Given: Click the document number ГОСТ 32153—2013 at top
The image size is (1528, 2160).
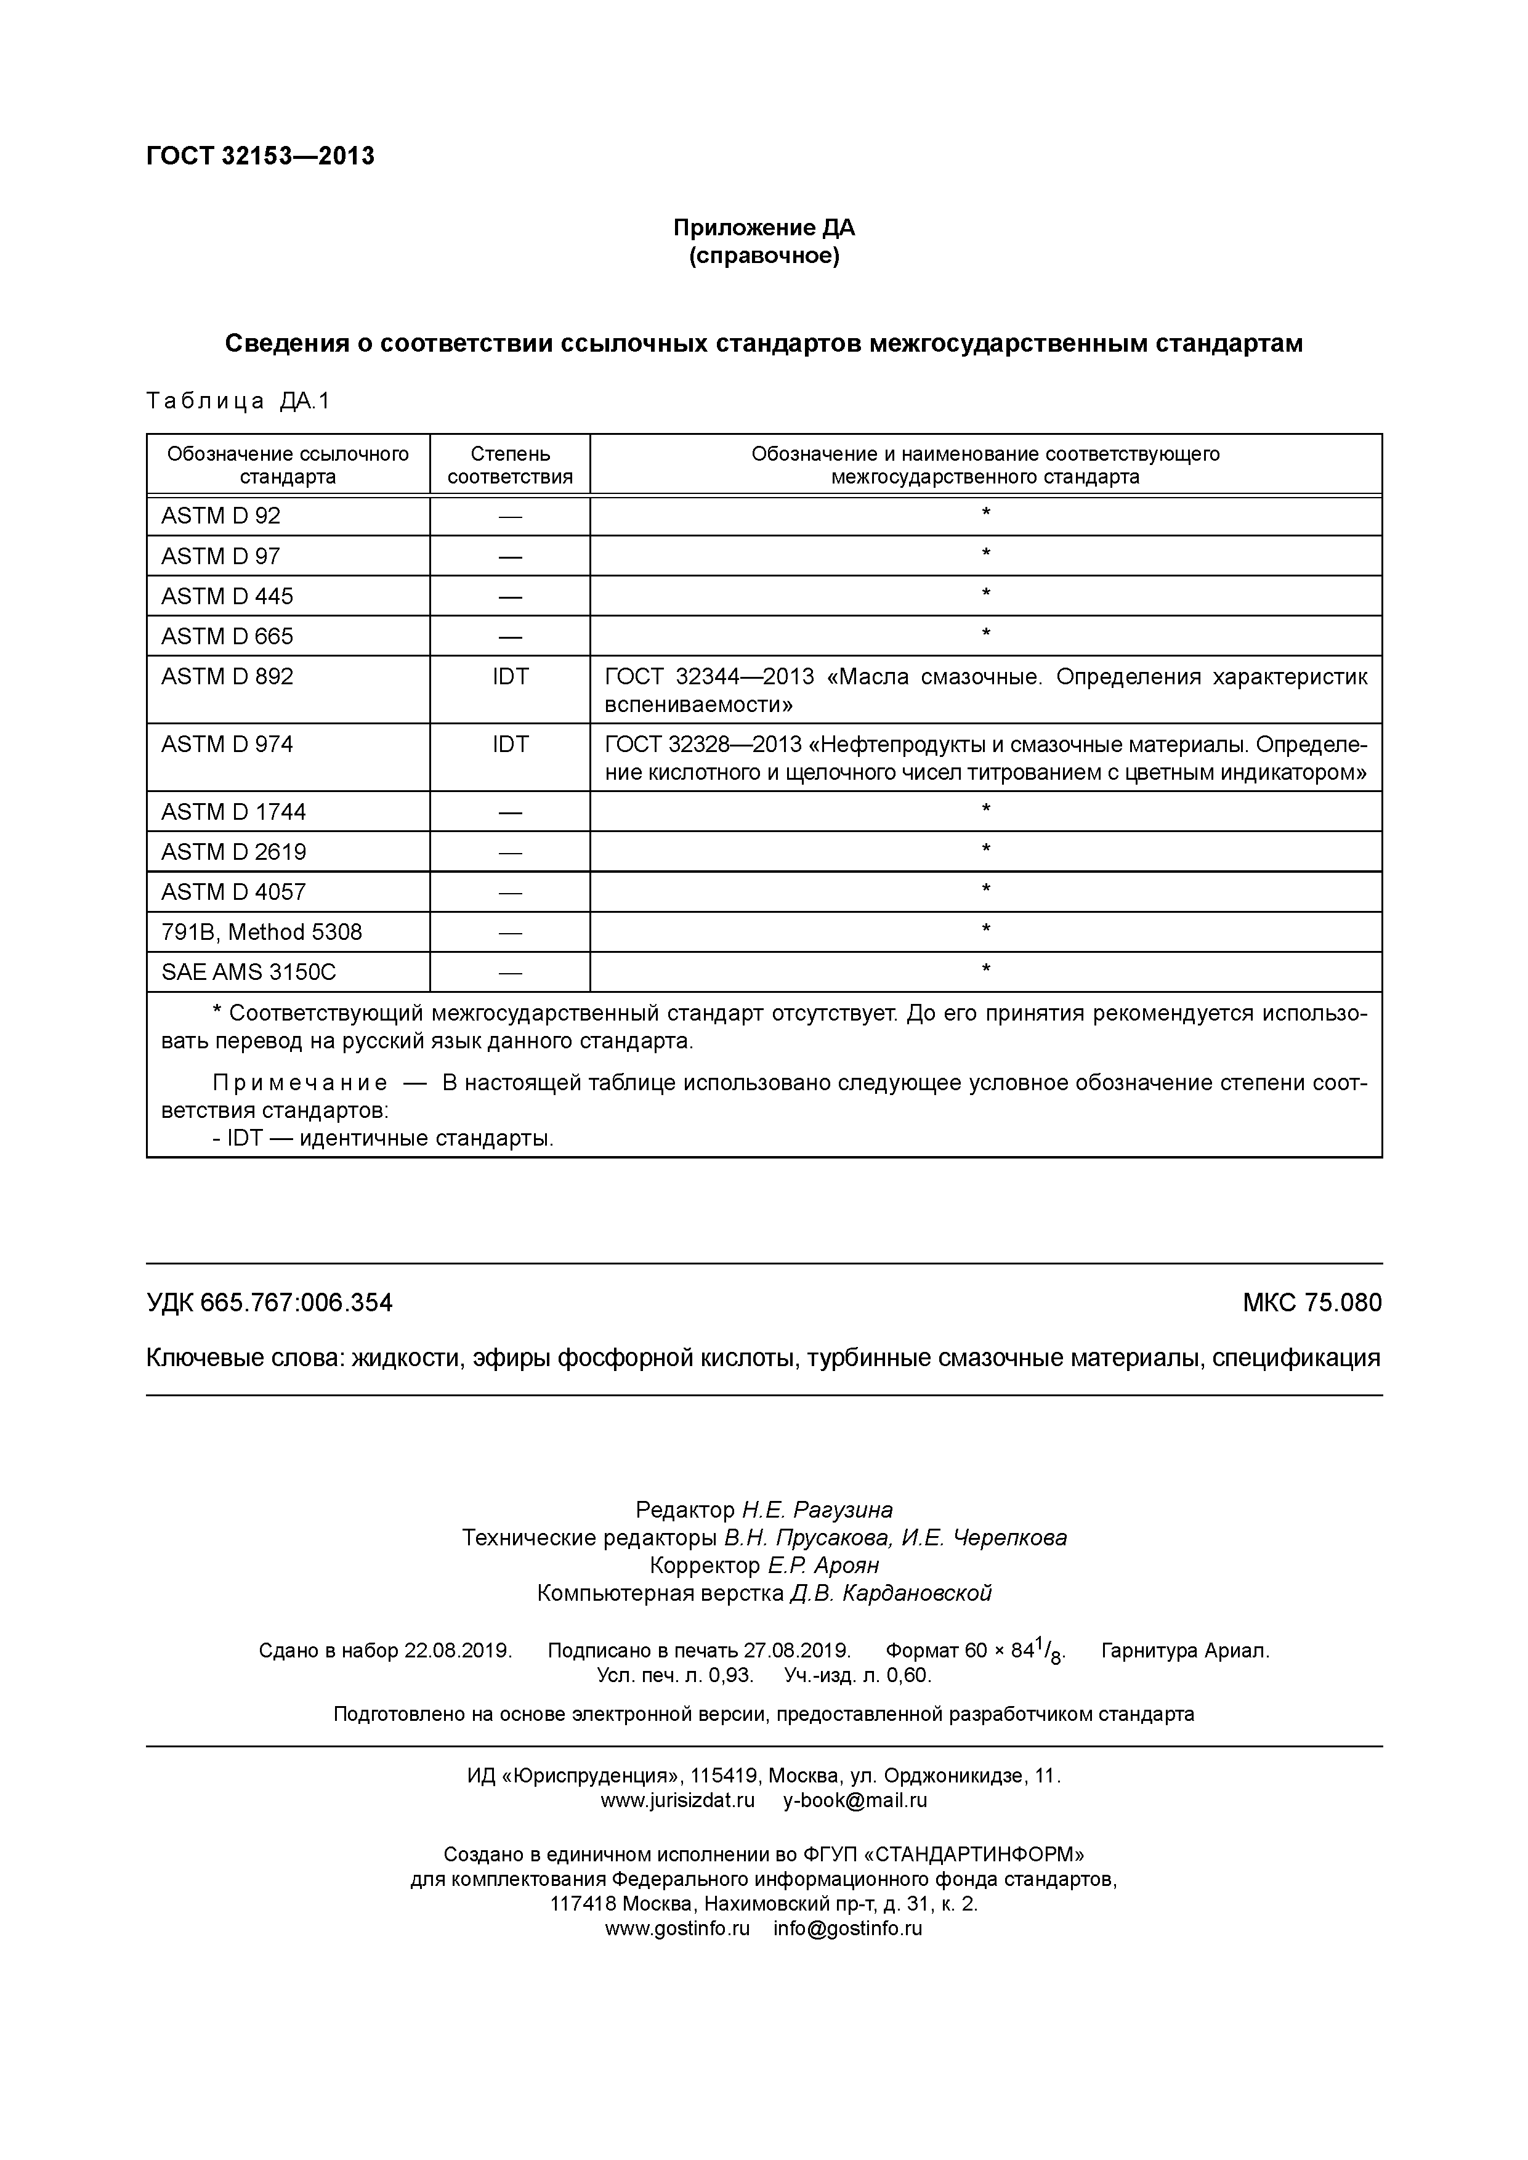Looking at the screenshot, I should tap(260, 156).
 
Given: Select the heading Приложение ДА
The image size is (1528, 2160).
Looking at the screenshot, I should tap(763, 228).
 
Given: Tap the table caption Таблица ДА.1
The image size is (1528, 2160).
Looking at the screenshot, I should tap(238, 402).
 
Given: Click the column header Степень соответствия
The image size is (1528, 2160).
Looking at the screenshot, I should tap(510, 465).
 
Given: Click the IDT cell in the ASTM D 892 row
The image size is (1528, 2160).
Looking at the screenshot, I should tap(510, 676).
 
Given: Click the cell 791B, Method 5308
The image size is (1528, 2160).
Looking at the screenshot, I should tap(262, 932).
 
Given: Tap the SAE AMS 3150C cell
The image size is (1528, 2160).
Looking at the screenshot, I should tap(248, 972).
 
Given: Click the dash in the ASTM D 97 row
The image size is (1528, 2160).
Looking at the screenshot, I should tap(510, 557).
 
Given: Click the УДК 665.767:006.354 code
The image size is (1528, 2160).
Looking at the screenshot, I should tap(269, 1303).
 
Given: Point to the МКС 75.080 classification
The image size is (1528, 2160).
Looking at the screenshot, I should tap(1312, 1303).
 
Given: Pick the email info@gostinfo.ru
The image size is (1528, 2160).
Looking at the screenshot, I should tap(847, 1928).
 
